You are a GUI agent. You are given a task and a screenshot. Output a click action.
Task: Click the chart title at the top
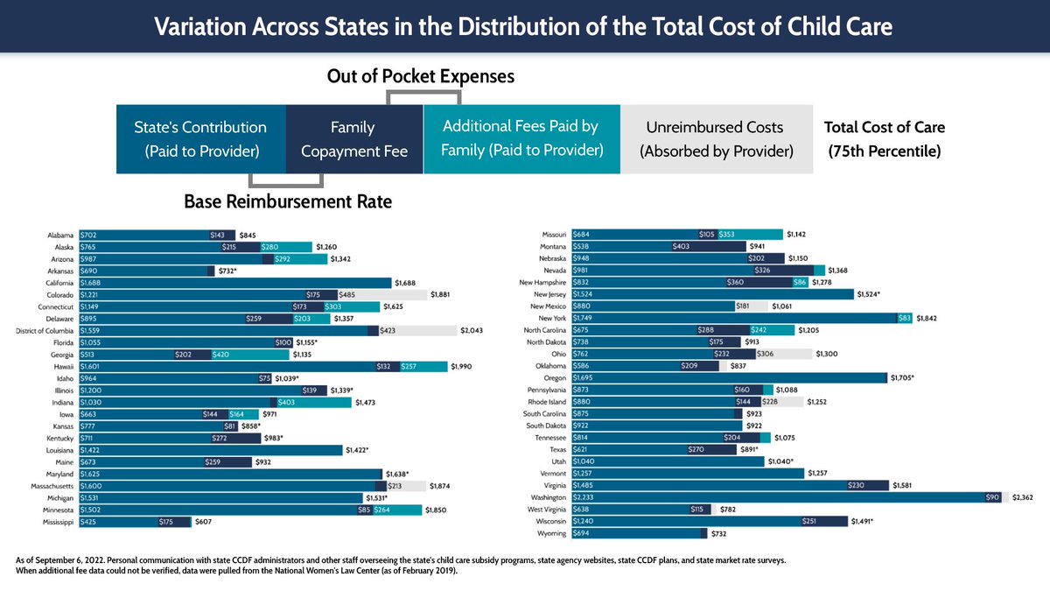click(523, 26)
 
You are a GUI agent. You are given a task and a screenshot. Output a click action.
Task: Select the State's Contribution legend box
click(201, 139)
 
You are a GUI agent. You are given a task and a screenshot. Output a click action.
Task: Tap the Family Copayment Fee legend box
click(353, 139)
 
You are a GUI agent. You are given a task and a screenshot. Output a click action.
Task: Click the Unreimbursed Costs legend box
click(716, 139)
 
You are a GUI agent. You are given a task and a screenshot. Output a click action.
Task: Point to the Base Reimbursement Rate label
click(288, 202)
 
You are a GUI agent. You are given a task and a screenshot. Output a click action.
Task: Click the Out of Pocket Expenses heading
click(420, 77)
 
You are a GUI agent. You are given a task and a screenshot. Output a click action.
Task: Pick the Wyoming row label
click(550, 532)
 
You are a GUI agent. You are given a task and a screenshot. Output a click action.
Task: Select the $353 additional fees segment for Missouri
click(748, 235)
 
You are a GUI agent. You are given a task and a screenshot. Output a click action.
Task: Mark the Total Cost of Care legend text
click(884, 139)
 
